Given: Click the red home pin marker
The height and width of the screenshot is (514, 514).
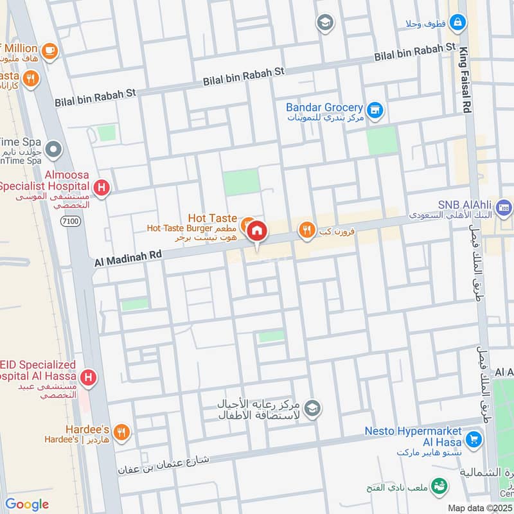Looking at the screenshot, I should [257, 231].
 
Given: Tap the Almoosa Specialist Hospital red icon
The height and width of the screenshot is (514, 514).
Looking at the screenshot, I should [101, 188].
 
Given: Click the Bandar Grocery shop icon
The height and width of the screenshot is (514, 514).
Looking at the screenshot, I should [375, 112].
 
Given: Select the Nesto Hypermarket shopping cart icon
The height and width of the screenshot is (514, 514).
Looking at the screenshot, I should [474, 439].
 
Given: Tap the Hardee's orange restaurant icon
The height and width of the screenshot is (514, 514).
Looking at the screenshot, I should [123, 433].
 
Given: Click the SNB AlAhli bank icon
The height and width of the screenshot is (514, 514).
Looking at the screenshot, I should [504, 208].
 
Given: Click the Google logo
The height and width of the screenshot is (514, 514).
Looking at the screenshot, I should [27, 504].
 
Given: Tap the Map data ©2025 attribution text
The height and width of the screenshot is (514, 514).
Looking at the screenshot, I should [479, 508].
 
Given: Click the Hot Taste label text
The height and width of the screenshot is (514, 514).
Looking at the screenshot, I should [212, 218].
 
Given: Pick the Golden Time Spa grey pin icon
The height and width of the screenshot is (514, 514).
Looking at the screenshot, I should [55, 150].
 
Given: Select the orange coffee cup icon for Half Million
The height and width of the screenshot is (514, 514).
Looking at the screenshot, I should [49, 50].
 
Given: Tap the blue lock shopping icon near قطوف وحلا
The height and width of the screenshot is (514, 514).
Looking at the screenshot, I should [457, 23].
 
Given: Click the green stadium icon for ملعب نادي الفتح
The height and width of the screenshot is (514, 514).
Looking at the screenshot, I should [439, 486].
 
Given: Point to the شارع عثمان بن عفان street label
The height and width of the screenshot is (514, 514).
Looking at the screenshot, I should [164, 465].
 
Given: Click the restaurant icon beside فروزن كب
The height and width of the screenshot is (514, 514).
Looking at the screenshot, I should [306, 229].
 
